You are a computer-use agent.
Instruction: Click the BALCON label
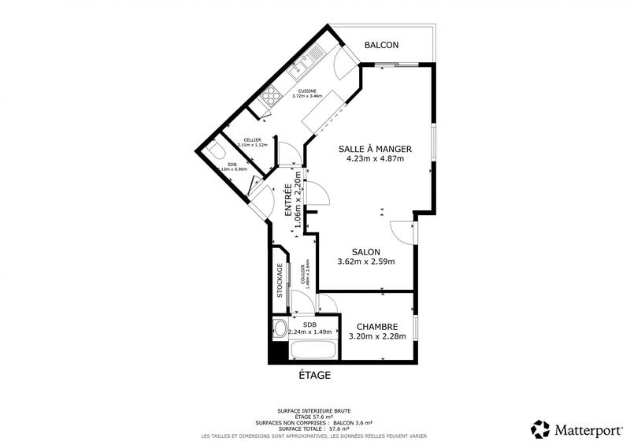click(381, 46)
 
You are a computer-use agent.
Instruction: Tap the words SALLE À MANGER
click(375, 149)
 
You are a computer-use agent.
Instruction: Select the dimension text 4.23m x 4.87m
click(375, 158)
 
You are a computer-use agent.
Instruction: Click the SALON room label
click(366, 252)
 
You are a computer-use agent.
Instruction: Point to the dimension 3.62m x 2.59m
click(366, 261)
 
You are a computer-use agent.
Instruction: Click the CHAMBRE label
click(377, 327)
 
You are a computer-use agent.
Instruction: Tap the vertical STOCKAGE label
click(280, 280)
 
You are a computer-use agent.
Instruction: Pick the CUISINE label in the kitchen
click(307, 91)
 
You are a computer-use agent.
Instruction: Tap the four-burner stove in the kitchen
click(271, 95)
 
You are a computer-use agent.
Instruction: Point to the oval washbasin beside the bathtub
click(279, 328)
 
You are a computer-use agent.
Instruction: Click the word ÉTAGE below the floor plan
click(314, 376)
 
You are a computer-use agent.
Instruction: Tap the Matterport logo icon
click(539, 429)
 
